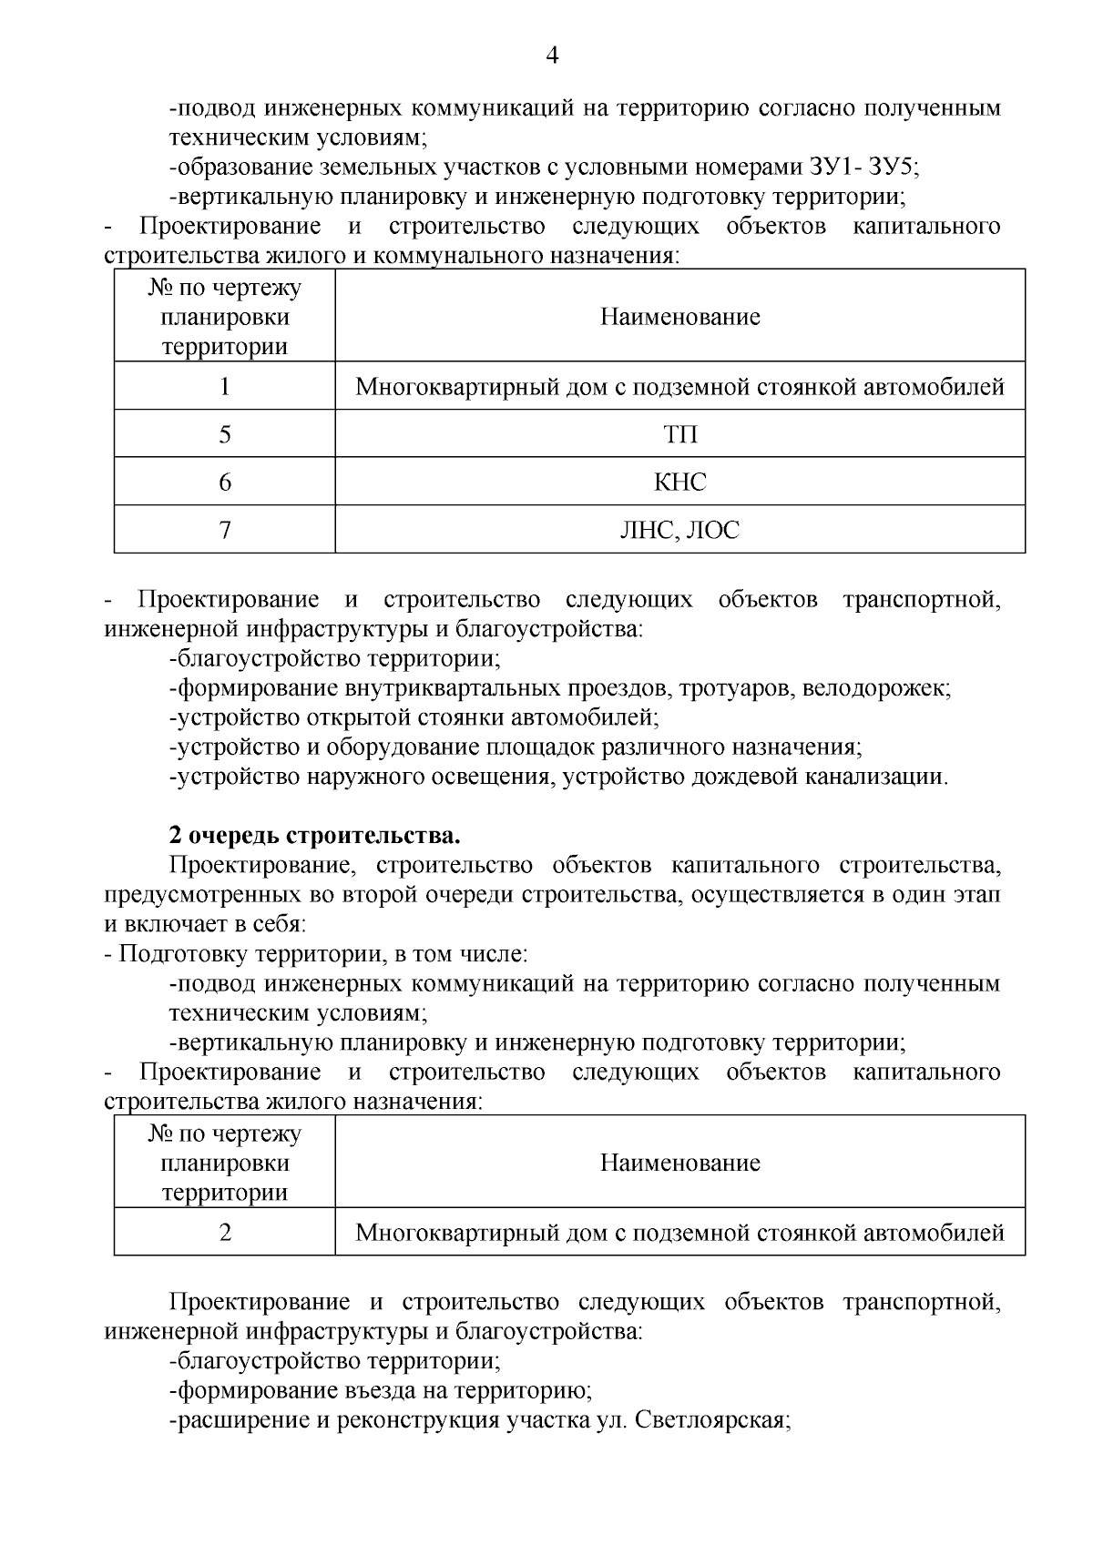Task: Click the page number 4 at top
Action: [552, 56]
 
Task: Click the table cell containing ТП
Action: [679, 434]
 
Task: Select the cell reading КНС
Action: [679, 482]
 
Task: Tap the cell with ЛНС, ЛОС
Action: [679, 529]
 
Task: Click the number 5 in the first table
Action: [225, 434]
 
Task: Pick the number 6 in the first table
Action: [225, 482]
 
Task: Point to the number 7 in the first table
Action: [225, 529]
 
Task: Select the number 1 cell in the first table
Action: [225, 387]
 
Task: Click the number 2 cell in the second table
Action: [225, 1233]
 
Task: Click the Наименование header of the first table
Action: [679, 317]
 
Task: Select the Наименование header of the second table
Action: [679, 1163]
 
